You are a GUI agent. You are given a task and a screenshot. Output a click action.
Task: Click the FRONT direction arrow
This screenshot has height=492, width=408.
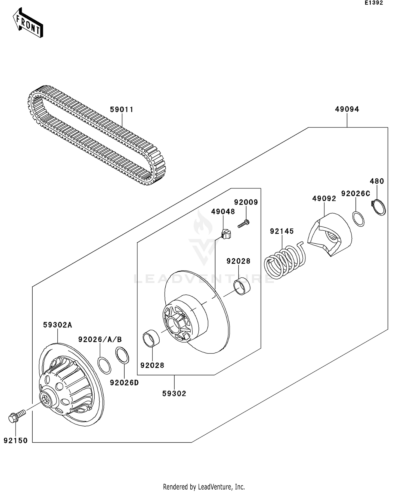(x=28, y=23)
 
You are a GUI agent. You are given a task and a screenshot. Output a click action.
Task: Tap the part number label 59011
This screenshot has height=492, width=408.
(x=122, y=110)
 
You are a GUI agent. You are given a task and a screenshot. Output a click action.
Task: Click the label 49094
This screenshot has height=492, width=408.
(x=347, y=109)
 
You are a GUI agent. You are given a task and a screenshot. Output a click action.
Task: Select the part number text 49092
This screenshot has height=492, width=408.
(x=324, y=199)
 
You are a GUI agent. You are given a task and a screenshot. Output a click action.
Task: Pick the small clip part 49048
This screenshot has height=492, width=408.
(x=226, y=234)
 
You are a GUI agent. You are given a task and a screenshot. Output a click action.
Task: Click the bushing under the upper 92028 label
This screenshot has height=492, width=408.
(x=242, y=286)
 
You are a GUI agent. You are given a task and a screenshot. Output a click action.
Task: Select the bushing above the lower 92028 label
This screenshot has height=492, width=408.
(x=151, y=338)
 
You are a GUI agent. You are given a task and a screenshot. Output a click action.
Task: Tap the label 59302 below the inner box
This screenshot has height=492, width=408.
(x=174, y=394)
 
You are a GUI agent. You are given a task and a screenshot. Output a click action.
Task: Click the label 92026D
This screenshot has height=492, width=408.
(x=124, y=383)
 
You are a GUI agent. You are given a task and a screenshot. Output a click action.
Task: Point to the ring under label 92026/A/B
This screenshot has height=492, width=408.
(x=104, y=366)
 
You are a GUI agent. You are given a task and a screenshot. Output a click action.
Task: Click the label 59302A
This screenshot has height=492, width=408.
(x=57, y=325)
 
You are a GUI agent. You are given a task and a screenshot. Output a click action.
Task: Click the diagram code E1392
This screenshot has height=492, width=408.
(x=374, y=3)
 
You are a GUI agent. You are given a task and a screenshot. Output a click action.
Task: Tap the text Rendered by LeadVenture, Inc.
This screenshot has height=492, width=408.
(x=204, y=486)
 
